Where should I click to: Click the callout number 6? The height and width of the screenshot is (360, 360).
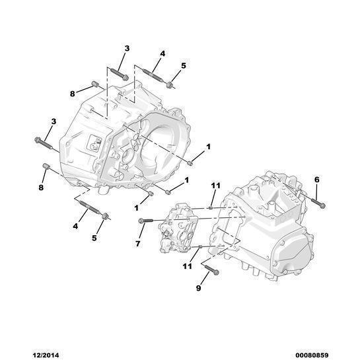pyautogui.click(x=316, y=180)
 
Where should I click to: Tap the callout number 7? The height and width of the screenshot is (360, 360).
pyautogui.click(x=138, y=244)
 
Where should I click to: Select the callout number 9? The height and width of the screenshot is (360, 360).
pyautogui.click(x=199, y=288)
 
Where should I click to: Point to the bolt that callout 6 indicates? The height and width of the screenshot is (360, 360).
pyautogui.click(x=318, y=203)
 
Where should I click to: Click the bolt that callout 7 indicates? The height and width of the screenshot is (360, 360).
pyautogui.click(x=146, y=221)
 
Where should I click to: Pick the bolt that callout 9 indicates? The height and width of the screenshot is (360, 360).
pyautogui.click(x=211, y=270)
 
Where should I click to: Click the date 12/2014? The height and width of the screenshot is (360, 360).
pyautogui.click(x=45, y=355)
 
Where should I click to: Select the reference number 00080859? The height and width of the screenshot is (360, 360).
pyautogui.click(x=312, y=355)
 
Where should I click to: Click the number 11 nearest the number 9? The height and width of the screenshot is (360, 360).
pyautogui.click(x=188, y=266)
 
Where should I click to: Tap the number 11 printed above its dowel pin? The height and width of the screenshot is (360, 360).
pyautogui.click(x=215, y=186)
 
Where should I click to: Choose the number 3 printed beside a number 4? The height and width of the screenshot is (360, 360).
pyautogui.click(x=127, y=48)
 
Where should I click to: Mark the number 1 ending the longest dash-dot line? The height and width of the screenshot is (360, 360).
pyautogui.click(x=209, y=147)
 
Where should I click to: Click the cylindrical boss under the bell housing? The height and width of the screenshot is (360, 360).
pyautogui.click(x=104, y=190)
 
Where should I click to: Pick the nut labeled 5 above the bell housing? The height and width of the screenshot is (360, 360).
pyautogui.click(x=170, y=85)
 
